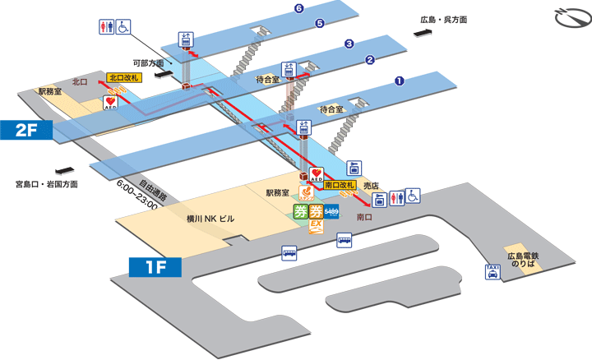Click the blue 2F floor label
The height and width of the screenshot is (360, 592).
coord(27,129)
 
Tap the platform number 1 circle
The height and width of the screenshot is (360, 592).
coord(399,81)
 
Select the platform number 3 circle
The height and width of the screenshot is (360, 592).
coord(349,44)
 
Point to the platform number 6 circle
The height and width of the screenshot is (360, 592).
coord(298,9)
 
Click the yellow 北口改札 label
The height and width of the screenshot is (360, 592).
coord(123,77)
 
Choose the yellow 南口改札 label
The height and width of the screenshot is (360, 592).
coord(340,186)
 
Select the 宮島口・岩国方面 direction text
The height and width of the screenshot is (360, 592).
coord(47,184)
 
